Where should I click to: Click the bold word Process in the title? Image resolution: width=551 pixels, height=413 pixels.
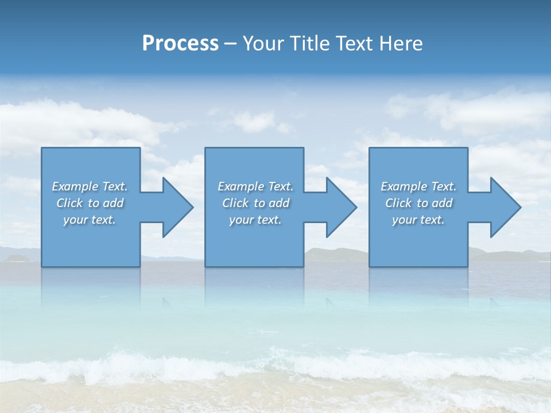[180, 43]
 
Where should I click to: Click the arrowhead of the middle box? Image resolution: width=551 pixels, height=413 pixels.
[344, 207]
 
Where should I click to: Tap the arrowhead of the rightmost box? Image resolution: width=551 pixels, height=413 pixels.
[509, 207]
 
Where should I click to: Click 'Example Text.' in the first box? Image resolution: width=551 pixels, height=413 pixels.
[90, 186]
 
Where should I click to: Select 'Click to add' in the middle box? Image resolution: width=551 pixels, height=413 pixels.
[255, 203]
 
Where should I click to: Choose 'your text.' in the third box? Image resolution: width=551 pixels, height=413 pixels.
[418, 220]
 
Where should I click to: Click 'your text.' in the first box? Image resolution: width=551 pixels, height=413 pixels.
[90, 220]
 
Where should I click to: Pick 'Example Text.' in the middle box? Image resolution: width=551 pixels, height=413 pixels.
[255, 186]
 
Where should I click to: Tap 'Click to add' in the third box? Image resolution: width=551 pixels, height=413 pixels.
[418, 203]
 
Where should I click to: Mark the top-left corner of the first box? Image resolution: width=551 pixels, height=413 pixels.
[42, 148]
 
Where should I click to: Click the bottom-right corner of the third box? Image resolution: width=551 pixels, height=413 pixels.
[467, 266]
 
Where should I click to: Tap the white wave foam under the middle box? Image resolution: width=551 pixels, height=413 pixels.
[254, 364]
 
